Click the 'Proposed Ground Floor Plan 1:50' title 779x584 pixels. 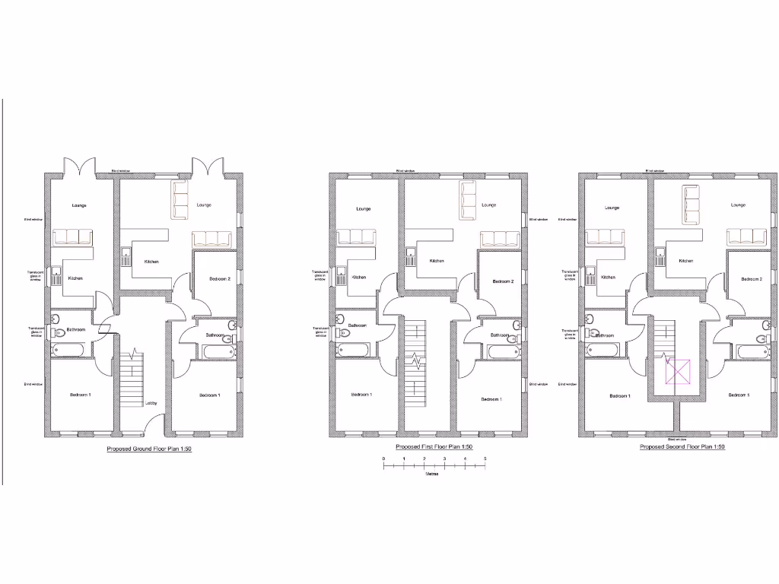(x=148, y=449)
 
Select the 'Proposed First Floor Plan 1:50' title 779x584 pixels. (x=434, y=447)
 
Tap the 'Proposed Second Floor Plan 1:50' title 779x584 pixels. (x=682, y=447)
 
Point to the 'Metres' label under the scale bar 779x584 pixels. (x=431, y=474)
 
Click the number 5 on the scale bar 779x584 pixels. (x=485, y=459)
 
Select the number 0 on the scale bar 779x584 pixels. (x=383, y=459)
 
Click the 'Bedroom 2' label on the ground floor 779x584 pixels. (x=220, y=279)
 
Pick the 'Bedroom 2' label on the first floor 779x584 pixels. (x=503, y=281)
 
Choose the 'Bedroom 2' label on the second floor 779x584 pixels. (x=751, y=279)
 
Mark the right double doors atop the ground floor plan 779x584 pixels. (x=205, y=166)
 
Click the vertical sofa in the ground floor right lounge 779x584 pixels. (x=180, y=200)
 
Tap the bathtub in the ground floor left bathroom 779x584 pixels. (x=72, y=349)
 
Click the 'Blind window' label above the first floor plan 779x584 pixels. (x=405, y=171)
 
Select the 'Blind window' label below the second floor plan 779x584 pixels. (x=676, y=440)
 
